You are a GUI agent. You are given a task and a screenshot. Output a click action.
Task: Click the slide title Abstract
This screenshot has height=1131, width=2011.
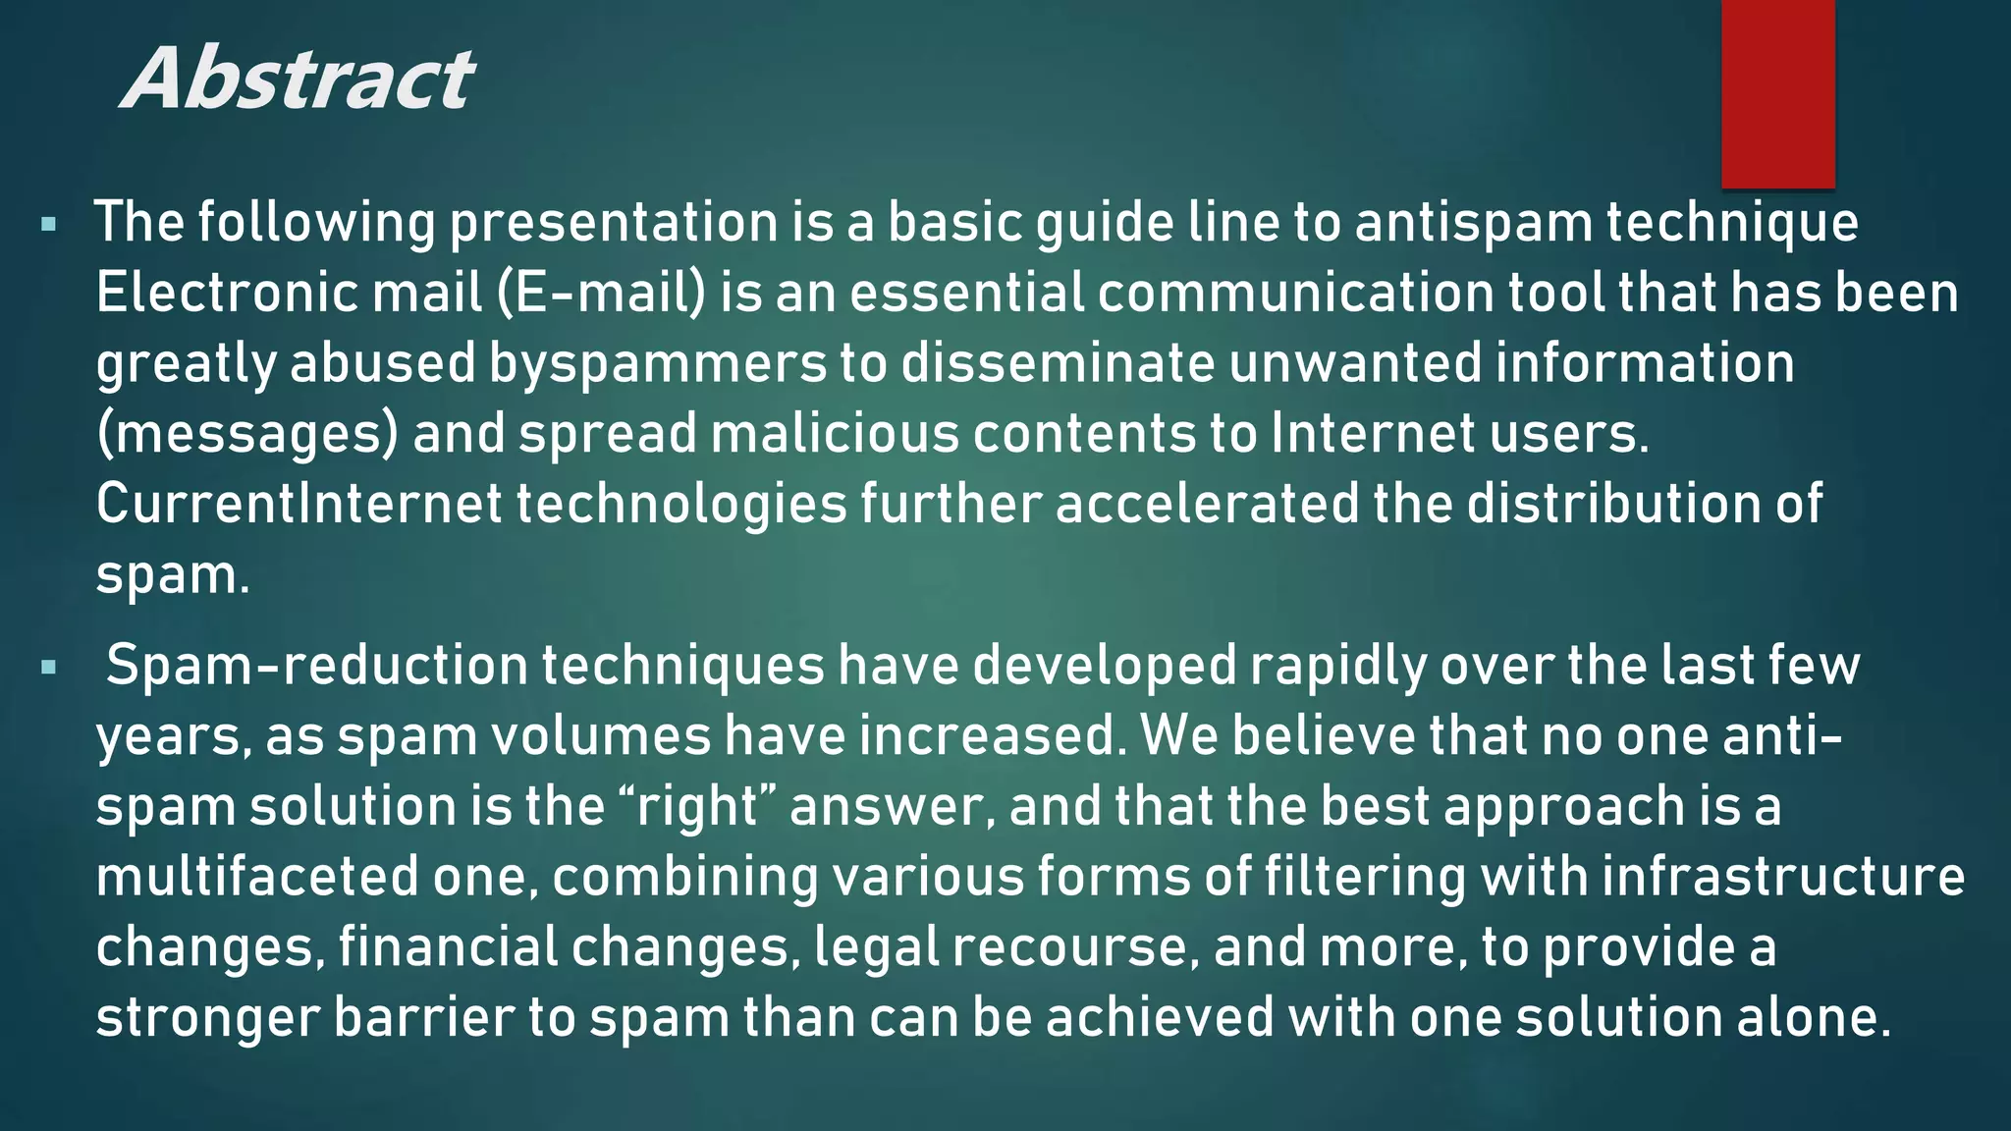tap(298, 79)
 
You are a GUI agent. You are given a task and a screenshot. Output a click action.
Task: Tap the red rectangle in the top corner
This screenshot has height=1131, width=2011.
tap(1777, 93)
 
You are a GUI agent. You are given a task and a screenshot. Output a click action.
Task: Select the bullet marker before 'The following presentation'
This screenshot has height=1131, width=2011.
tap(48, 225)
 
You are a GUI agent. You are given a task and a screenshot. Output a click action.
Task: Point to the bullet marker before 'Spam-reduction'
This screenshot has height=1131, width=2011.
tap(48, 669)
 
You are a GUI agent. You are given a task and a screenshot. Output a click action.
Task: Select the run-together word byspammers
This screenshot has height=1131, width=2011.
tap(658, 364)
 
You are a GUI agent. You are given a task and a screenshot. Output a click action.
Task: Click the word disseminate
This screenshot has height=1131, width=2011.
tap(1059, 364)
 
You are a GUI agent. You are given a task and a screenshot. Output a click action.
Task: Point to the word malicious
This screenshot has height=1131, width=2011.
tap(835, 434)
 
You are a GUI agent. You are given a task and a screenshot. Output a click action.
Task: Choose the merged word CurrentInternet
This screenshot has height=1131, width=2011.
tap(299, 505)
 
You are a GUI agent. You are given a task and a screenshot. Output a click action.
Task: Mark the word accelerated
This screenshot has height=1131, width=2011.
tap(1207, 505)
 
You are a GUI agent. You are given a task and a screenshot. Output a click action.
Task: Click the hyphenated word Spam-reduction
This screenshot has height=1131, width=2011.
tap(317, 667)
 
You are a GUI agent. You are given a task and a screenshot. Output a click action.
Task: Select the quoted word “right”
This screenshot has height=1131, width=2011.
tap(698, 807)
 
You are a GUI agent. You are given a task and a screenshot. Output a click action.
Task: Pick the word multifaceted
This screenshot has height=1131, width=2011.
tap(257, 877)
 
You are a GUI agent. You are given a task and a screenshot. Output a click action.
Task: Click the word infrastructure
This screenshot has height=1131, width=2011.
tap(1783, 877)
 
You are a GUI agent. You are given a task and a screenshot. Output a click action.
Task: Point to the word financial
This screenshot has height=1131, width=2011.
tap(448, 947)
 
